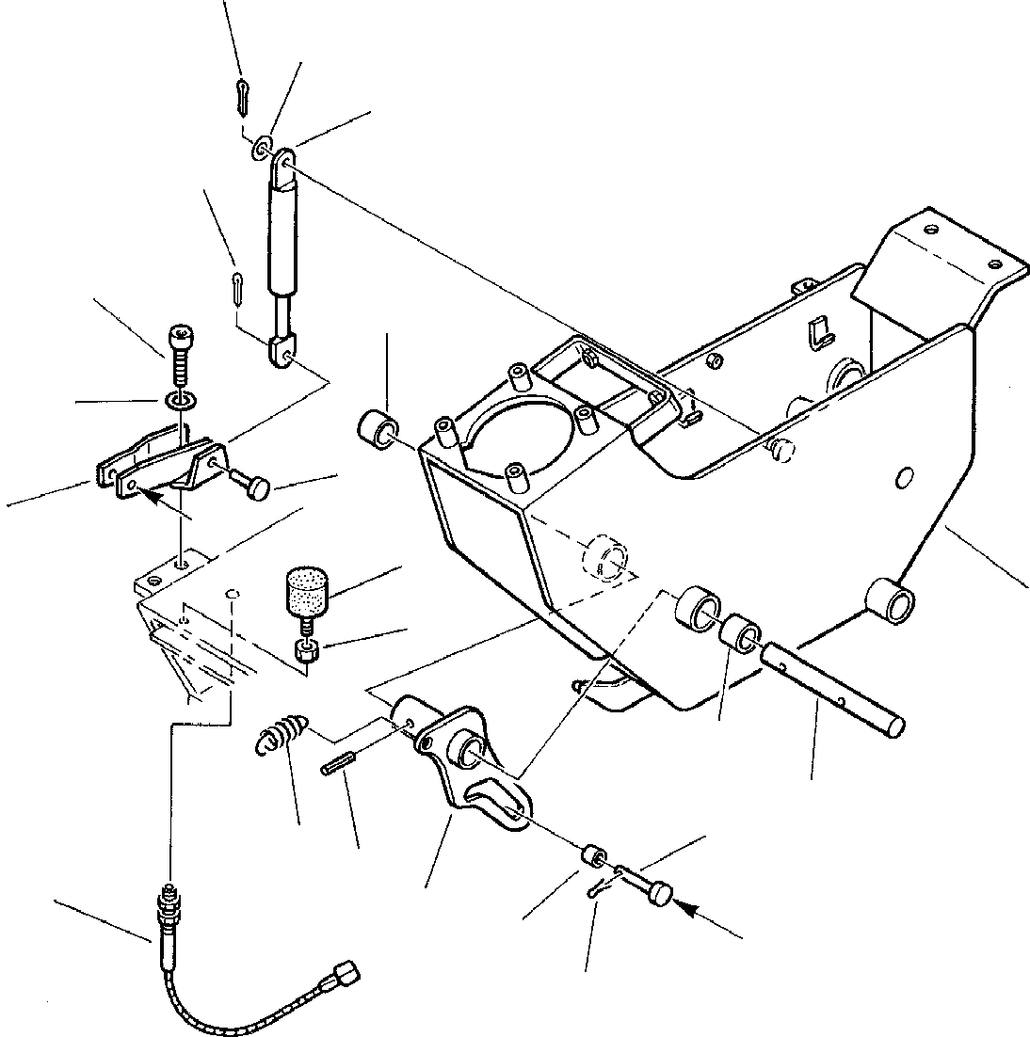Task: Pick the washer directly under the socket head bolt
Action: [181, 401]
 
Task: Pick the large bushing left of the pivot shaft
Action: [697, 610]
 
